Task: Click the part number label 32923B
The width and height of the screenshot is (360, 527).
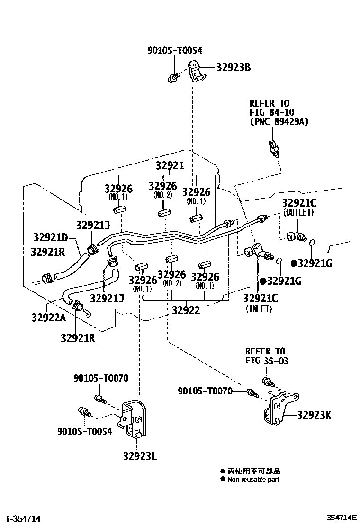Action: point(233,67)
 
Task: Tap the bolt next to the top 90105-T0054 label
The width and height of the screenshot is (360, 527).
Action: point(174,75)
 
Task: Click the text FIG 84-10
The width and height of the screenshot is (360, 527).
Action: point(272,112)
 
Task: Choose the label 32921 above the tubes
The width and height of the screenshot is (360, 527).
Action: point(170,166)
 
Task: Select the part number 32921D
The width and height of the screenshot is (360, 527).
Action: point(51,237)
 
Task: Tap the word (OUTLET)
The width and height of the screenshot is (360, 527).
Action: point(298,213)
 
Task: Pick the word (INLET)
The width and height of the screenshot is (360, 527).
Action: point(259,309)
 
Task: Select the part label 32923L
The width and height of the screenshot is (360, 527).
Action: point(140,456)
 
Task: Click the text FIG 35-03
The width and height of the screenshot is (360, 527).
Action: point(267,361)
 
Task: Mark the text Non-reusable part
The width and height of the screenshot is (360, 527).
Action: point(253,479)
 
